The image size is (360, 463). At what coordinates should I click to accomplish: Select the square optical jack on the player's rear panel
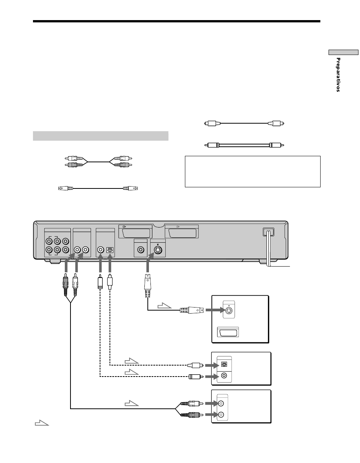[x=110, y=250]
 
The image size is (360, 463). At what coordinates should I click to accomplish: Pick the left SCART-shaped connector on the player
[x=136, y=232]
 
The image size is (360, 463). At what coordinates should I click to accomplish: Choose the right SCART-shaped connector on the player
[x=182, y=232]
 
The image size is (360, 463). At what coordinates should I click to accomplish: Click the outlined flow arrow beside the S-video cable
[x=164, y=305]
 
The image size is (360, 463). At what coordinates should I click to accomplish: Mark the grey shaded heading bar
[x=100, y=136]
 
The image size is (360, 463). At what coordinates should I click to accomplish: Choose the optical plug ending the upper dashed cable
[x=195, y=366]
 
